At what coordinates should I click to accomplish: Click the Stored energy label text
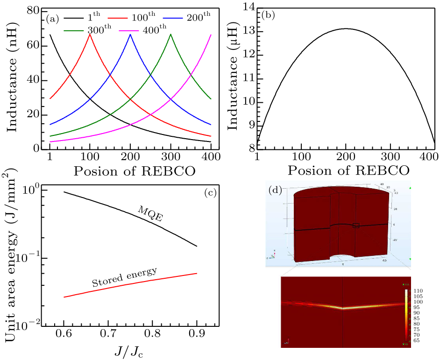(124, 277)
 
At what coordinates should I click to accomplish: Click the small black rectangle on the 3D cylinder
(356, 225)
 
